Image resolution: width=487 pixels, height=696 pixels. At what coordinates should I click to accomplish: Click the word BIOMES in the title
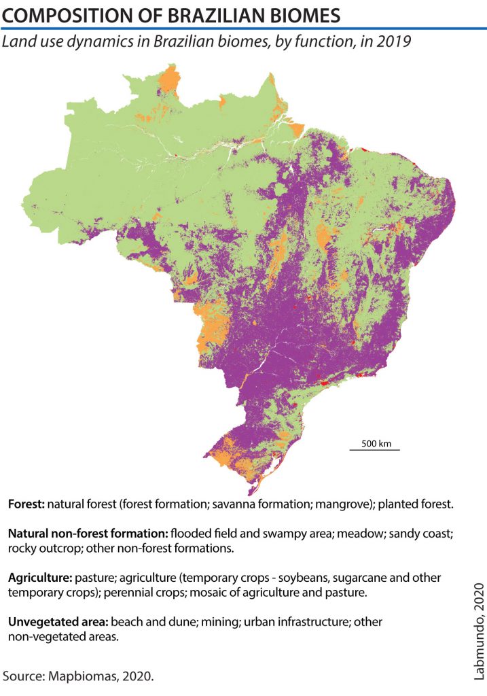tap(296, 14)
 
